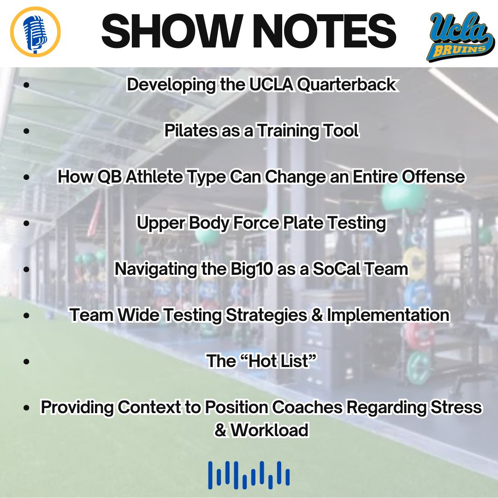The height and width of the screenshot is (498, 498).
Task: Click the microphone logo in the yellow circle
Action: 35,31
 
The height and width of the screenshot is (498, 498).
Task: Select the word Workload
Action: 269,430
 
